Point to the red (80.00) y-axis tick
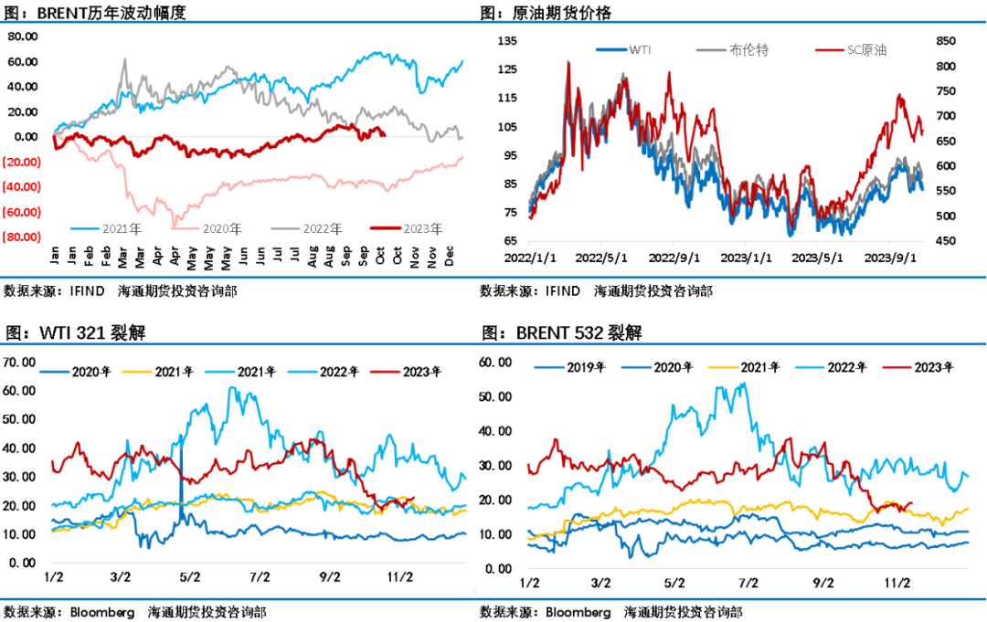pos(22,237)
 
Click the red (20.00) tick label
pos(22,162)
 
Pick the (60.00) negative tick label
pos(22,212)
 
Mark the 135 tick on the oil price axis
pos(507,40)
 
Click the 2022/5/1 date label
pos(600,258)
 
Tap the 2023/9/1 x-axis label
pos(891,258)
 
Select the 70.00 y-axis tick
pos(21,363)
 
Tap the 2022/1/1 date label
pos(528,258)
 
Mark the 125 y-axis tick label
pos(507,69)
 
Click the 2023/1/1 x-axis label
pos(746,258)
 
